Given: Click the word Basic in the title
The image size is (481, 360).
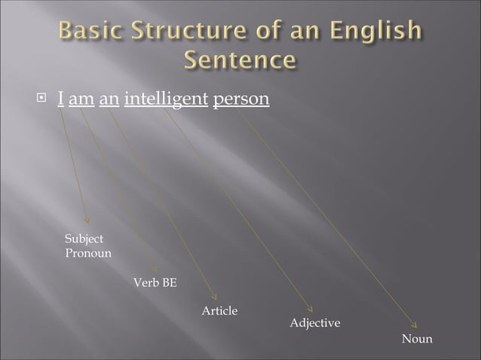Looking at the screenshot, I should (89, 32).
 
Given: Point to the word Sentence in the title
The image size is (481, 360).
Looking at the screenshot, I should (240, 59).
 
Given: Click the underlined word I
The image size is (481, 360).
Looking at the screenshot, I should (60, 99).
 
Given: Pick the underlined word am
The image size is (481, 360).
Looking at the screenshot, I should (81, 99).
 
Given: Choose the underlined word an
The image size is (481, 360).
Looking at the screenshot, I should (109, 99).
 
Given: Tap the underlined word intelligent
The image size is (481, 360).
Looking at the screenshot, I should (166, 99).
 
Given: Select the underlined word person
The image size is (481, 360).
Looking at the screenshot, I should (241, 99).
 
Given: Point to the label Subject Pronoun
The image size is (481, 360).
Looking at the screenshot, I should (88, 246).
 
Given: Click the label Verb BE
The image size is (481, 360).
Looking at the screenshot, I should (155, 283).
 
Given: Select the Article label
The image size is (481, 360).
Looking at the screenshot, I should (219, 311).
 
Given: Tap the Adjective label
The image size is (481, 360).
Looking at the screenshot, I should (315, 323).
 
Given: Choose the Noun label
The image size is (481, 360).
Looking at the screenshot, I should (417, 339).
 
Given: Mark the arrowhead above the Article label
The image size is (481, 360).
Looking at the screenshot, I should (213, 296).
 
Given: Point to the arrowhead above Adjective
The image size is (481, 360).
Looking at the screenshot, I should (310, 308).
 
